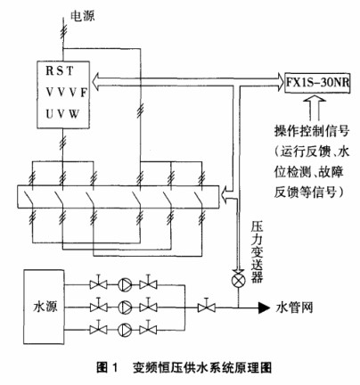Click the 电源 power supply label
click(83, 16)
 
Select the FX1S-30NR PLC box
click(317, 83)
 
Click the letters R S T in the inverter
click(60, 71)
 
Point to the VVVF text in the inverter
click(66, 93)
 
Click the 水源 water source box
click(44, 307)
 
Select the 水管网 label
click(295, 307)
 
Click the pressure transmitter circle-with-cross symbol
click(238, 281)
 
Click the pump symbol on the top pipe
click(125, 284)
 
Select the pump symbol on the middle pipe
click(125, 307)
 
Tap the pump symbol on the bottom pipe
click(125, 330)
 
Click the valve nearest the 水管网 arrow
click(207, 306)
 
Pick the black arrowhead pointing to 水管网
click(264, 307)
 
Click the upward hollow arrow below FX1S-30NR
click(315, 109)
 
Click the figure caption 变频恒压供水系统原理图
click(202, 367)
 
